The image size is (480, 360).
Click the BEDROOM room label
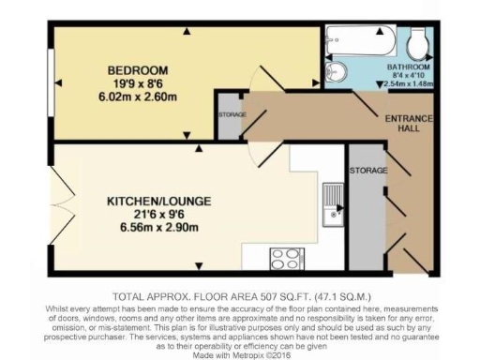pyautogui.click(x=137, y=70)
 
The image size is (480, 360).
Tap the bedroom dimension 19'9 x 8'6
pyautogui.click(x=137, y=83)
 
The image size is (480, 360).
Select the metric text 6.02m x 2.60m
pyautogui.click(x=137, y=96)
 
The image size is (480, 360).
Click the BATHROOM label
pyautogui.click(x=408, y=68)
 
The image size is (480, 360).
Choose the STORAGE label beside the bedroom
pyautogui.click(x=232, y=114)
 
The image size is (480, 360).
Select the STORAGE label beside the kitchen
pyautogui.click(x=363, y=172)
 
